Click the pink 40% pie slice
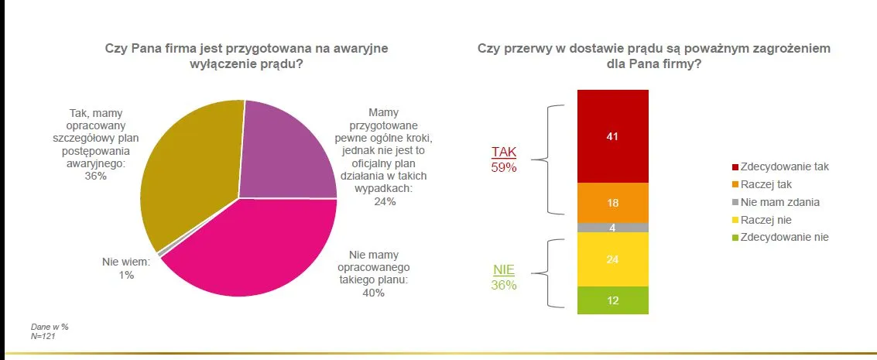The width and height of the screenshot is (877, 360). pyautogui.click(x=255, y=248)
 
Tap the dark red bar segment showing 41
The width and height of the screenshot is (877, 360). pyautogui.click(x=612, y=135)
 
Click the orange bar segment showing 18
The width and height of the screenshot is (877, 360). pyautogui.click(x=612, y=203)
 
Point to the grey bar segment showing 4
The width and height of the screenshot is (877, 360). pyautogui.click(x=612, y=228)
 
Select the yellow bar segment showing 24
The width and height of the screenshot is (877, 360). pyautogui.click(x=612, y=259)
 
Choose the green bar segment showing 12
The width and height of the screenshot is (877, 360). pyautogui.click(x=612, y=300)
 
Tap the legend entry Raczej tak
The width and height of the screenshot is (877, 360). pyautogui.click(x=766, y=184)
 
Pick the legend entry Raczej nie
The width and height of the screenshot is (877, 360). pyautogui.click(x=766, y=220)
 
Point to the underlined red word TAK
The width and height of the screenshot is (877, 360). pyautogui.click(x=504, y=152)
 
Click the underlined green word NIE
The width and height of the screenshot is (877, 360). pyautogui.click(x=504, y=270)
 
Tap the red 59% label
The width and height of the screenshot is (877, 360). pyautogui.click(x=504, y=166)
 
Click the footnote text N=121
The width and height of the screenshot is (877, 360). pyautogui.click(x=43, y=336)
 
